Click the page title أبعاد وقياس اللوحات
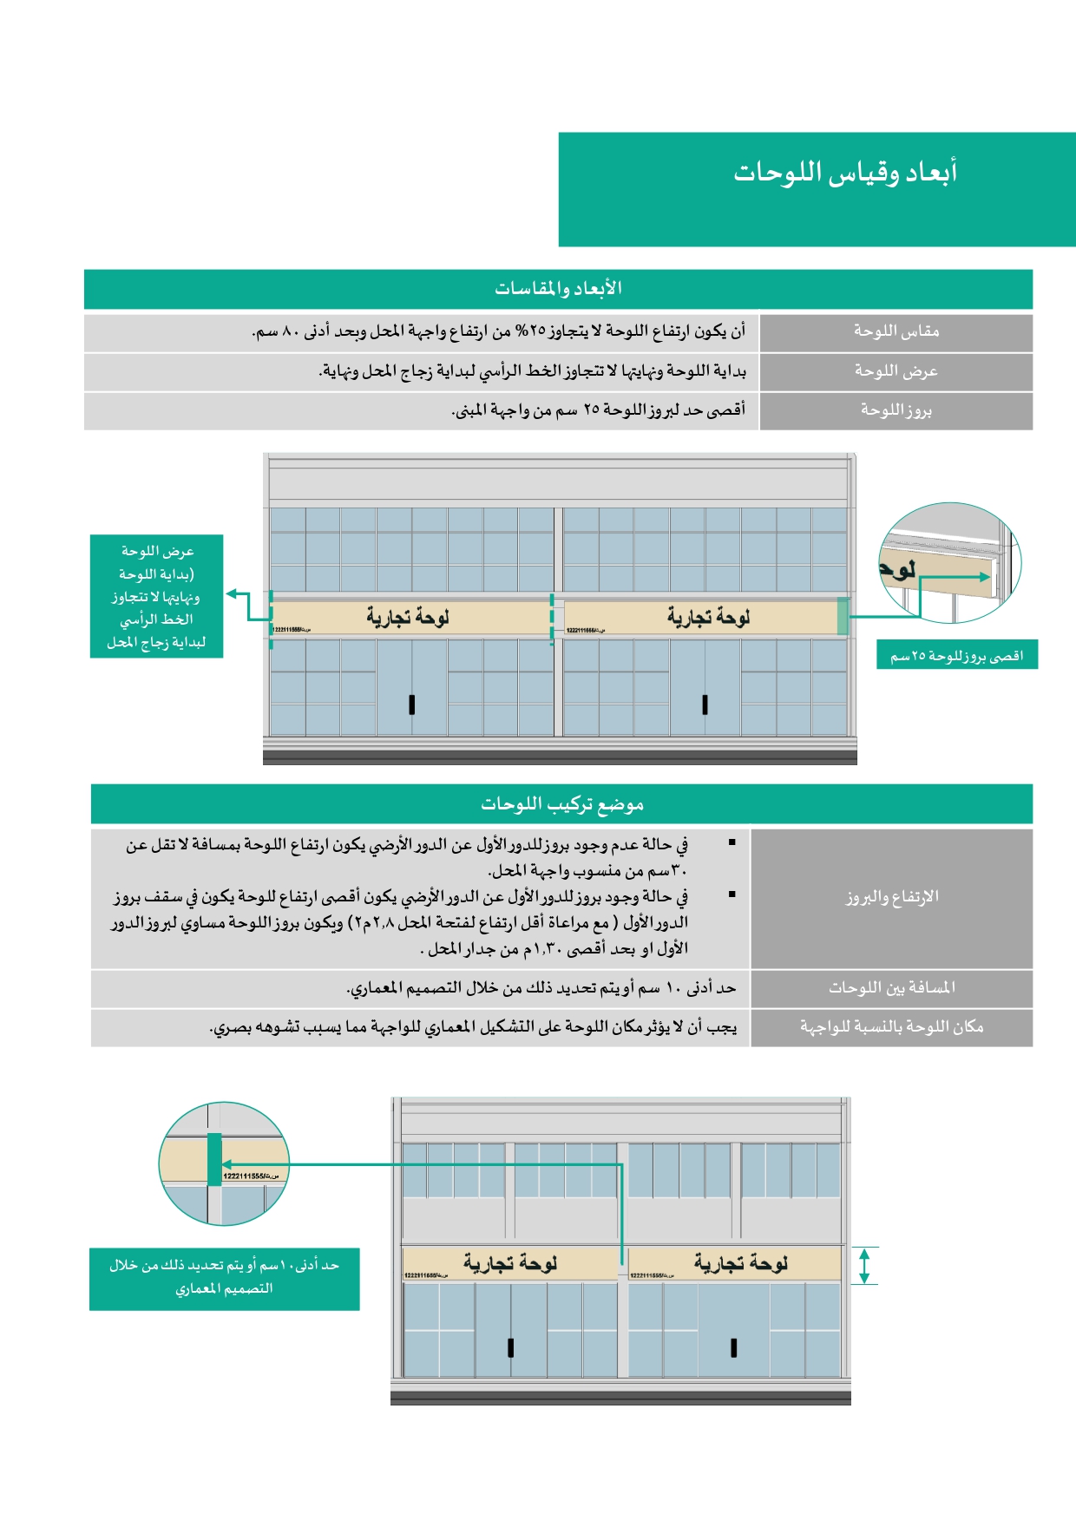coord(845,172)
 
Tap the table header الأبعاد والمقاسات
coord(558,288)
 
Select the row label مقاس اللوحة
coord(896,331)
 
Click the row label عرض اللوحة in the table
coord(896,371)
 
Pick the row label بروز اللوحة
coord(896,410)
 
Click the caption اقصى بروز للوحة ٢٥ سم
coord(956,656)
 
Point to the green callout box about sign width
coord(156,596)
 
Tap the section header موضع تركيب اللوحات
coord(561,804)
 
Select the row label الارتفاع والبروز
coord(892,897)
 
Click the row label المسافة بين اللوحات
coord(892,987)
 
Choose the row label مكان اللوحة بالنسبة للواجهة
coord(892,1027)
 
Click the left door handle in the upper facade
coord(411,704)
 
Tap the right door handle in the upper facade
coord(705,704)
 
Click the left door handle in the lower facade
coord(510,1347)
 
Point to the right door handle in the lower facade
coord(734,1347)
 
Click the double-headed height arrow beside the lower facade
coord(863,1266)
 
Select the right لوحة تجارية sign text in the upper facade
coord(708,617)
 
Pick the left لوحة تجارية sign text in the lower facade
coord(510,1263)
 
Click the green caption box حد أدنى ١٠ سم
coord(224,1278)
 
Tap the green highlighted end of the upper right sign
coord(843,616)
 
